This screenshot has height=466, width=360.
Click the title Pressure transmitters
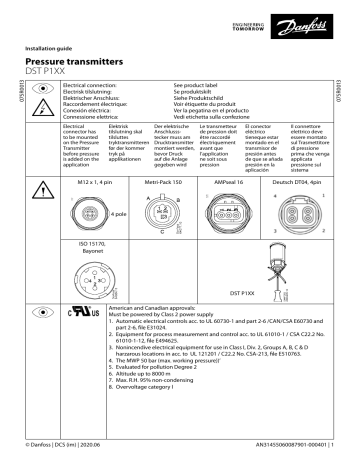[x=81, y=62]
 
